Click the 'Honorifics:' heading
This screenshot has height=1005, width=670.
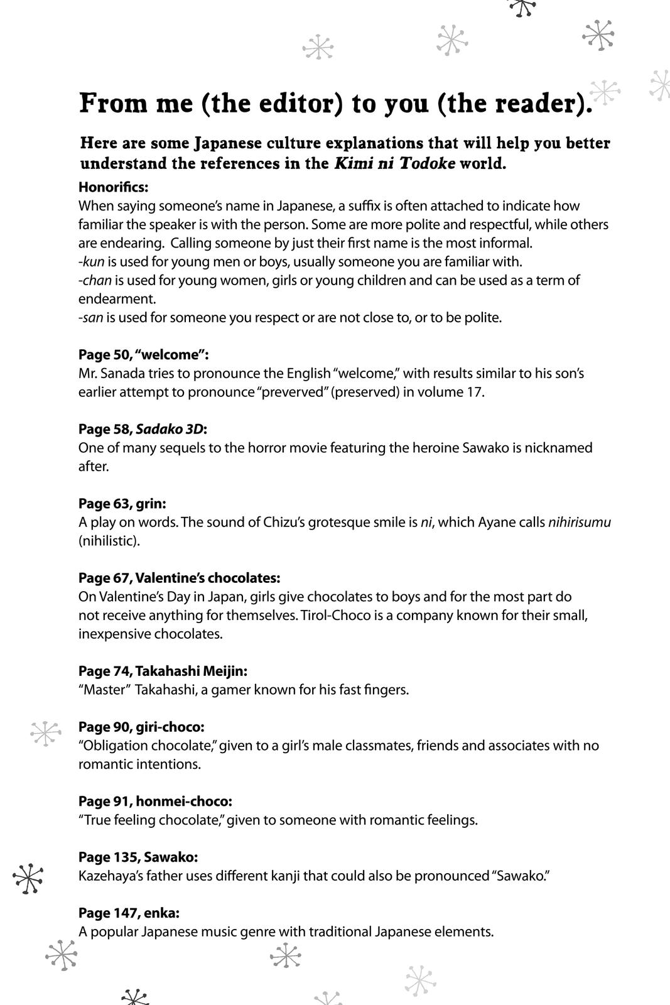[x=113, y=187]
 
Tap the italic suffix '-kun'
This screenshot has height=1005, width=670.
[x=92, y=261]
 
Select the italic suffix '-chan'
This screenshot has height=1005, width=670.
[x=95, y=280]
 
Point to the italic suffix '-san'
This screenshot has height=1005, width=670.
[x=91, y=317]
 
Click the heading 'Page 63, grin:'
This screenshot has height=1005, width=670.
[x=122, y=504]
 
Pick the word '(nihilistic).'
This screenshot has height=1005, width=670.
[x=109, y=541]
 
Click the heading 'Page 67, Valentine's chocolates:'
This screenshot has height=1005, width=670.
[x=179, y=578]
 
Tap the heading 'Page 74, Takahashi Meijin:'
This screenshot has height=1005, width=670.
[x=163, y=671]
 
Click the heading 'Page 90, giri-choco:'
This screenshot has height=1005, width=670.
[x=141, y=727]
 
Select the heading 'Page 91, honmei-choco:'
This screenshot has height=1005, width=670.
[x=155, y=801]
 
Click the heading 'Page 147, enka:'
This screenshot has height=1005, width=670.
[x=129, y=913]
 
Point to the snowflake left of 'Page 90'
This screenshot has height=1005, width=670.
[x=46, y=733]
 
